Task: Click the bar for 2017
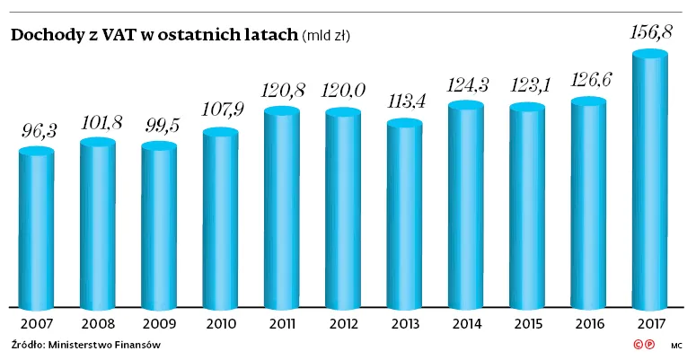click(649, 180)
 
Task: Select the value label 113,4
click(405, 101)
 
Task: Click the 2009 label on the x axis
click(159, 323)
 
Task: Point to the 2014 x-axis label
click(466, 323)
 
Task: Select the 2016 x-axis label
click(589, 323)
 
